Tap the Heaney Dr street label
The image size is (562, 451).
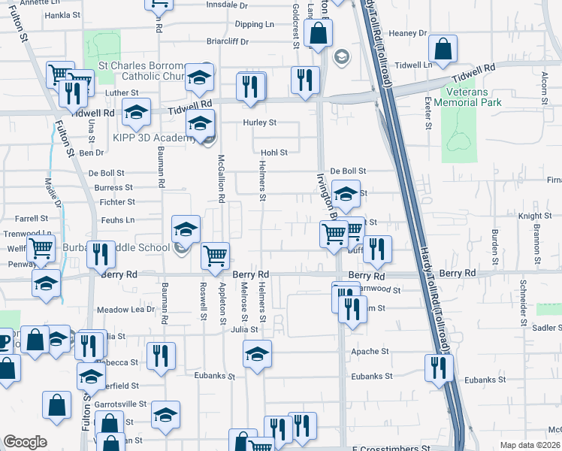[x=409, y=33]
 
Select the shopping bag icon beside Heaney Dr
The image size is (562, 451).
[x=443, y=51]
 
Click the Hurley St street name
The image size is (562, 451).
[x=259, y=123]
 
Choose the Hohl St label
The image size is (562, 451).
[x=273, y=153]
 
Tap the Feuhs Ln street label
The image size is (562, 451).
[x=119, y=219]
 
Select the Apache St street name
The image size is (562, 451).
[x=374, y=351]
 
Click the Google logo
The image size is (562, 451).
[x=25, y=442]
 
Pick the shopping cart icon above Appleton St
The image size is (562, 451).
[x=216, y=257]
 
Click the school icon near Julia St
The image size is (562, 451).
[x=257, y=354]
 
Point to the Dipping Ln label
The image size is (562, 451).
[x=254, y=24]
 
